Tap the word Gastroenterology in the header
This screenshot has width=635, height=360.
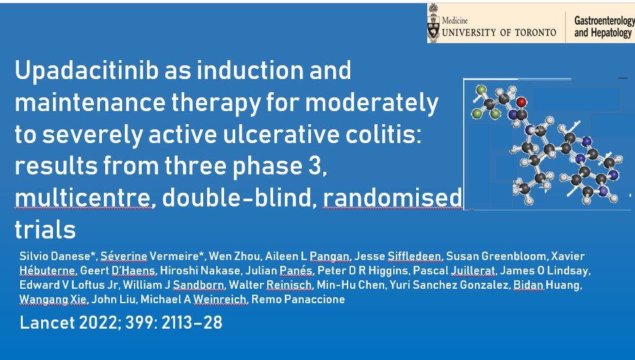[x=603, y=20]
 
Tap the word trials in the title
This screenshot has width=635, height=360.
[x=45, y=230]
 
